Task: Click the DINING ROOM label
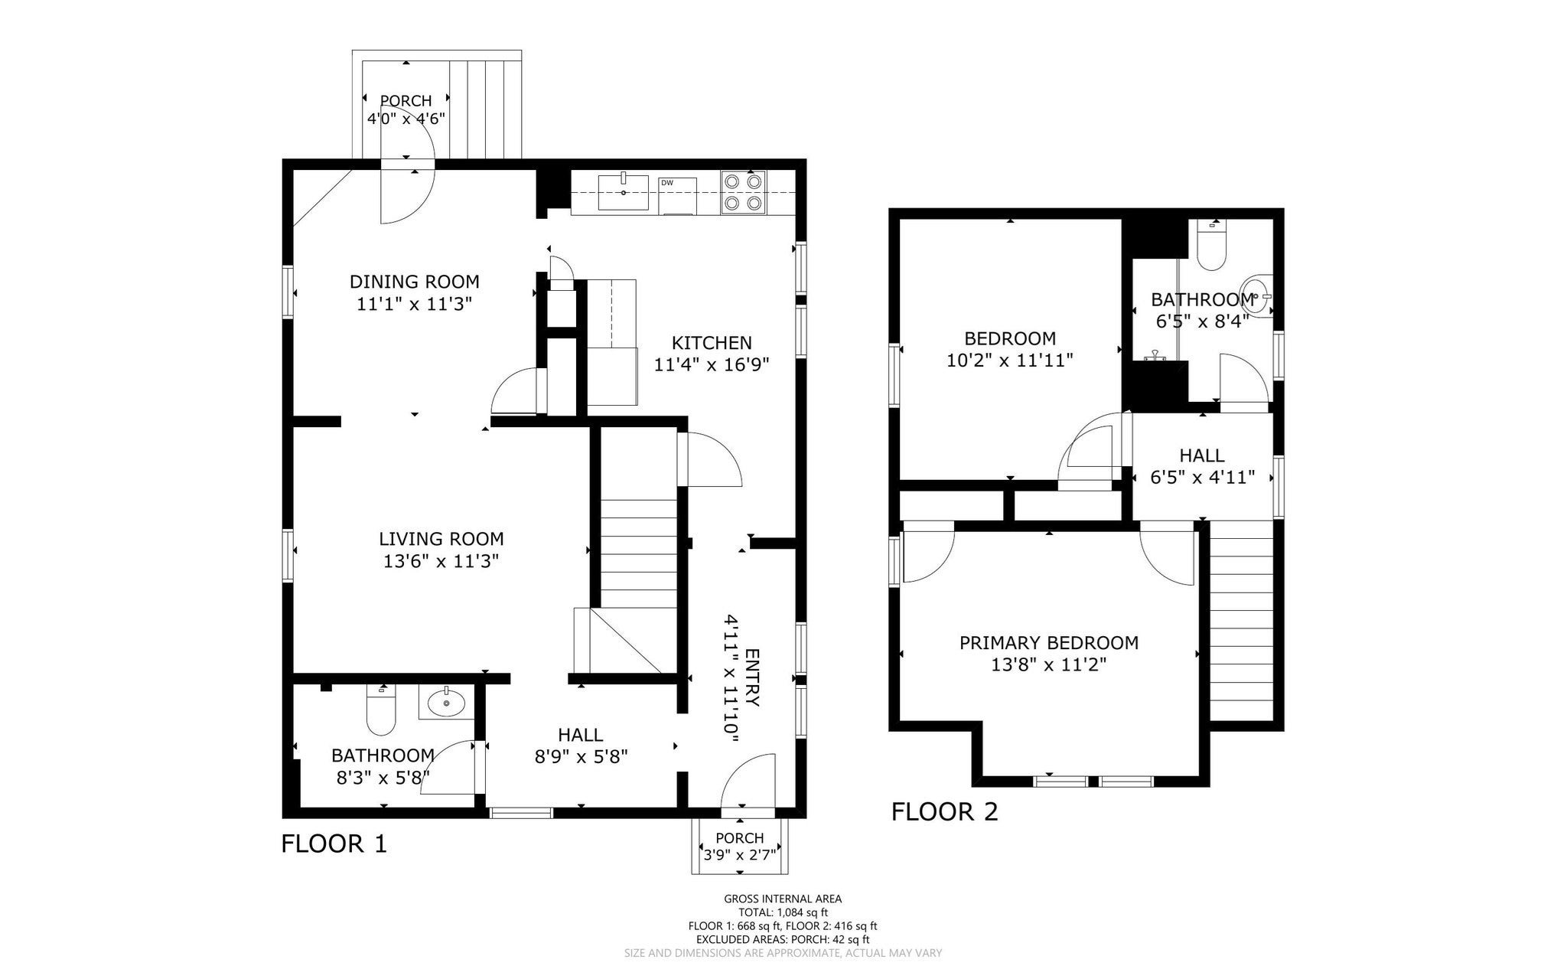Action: point(415,282)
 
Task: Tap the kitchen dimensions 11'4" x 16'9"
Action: point(712,365)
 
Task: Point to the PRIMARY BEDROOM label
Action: point(1049,643)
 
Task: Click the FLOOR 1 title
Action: point(334,844)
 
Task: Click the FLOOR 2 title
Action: point(945,811)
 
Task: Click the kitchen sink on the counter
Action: point(624,191)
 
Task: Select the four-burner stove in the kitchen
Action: point(744,192)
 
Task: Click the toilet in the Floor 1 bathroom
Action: point(380,710)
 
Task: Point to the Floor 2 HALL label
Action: point(1202,456)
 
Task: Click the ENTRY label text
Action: point(752,677)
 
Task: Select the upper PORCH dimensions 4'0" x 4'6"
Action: point(406,119)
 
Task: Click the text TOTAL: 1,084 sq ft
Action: point(783,912)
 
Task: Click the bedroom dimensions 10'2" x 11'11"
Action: point(1010,360)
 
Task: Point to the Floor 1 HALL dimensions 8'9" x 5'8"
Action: point(582,757)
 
